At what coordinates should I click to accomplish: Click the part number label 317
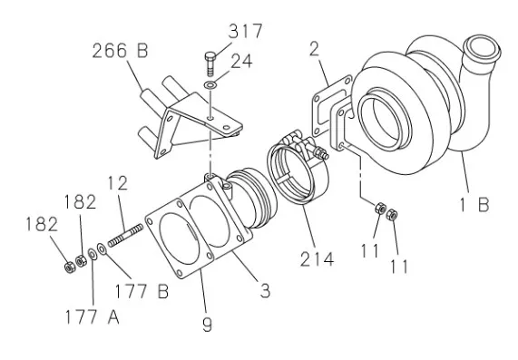pyautogui.click(x=246, y=32)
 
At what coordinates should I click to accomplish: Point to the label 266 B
pyautogui.click(x=120, y=51)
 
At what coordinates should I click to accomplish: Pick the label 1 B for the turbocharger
pyautogui.click(x=474, y=205)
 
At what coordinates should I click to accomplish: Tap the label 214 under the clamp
pyautogui.click(x=317, y=258)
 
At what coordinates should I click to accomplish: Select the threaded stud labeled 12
pyautogui.click(x=125, y=236)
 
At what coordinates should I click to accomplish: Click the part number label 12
pyautogui.click(x=118, y=183)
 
